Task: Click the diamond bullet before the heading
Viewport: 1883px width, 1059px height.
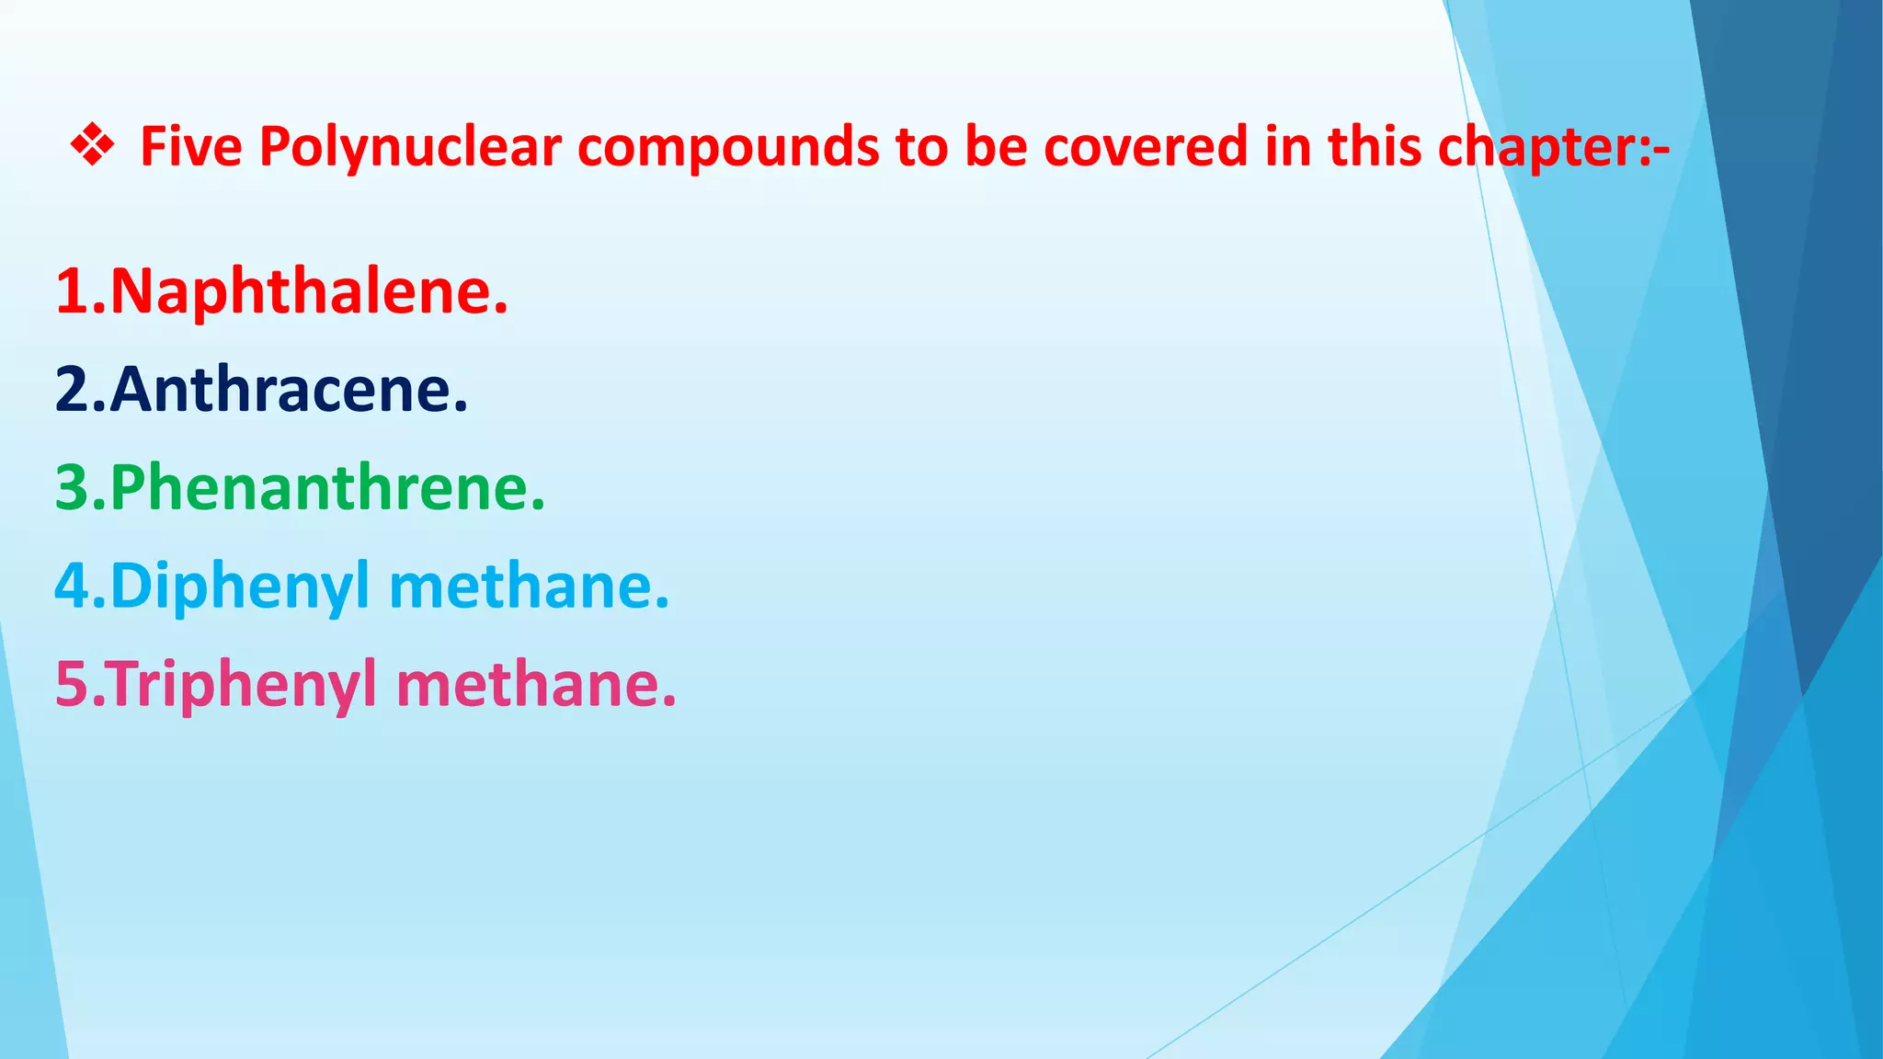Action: pyautogui.click(x=92, y=147)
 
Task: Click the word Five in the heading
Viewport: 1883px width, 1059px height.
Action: pyautogui.click(x=191, y=147)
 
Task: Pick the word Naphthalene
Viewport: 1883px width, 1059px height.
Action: pyautogui.click(x=309, y=291)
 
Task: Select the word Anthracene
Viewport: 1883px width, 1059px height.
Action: pyautogui.click(x=289, y=390)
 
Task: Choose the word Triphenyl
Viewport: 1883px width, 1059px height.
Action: pyautogui.click(x=244, y=686)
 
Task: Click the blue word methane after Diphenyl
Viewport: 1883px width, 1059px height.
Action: pyautogui.click(x=529, y=586)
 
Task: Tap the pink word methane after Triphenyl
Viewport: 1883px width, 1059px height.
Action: pyautogui.click(x=536, y=686)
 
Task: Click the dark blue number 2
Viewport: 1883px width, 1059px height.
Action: pyautogui.click(x=72, y=390)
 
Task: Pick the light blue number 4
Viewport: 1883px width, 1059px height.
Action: pyautogui.click(x=72, y=586)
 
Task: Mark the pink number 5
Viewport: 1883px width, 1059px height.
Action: pyautogui.click(x=72, y=686)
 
